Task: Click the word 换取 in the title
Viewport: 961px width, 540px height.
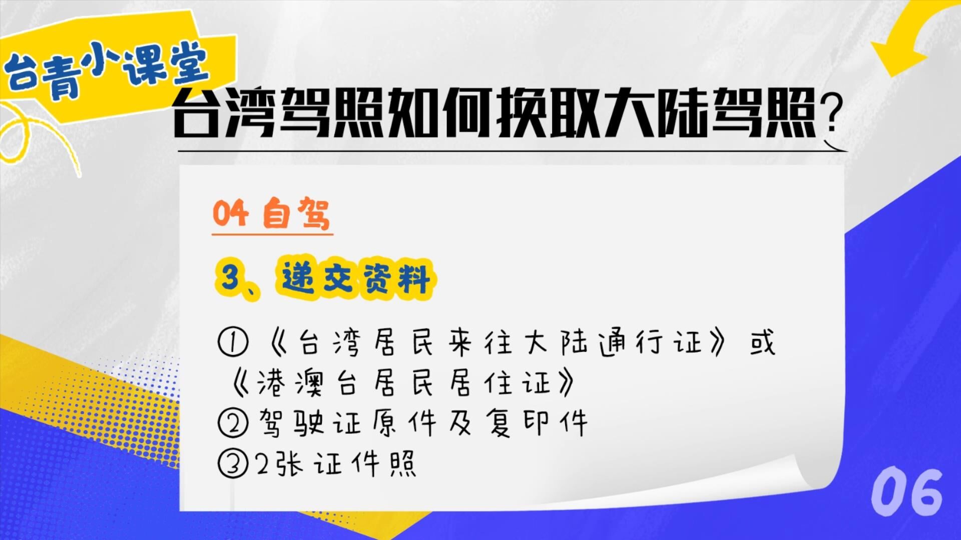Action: click(549, 112)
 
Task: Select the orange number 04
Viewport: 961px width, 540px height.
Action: click(230, 213)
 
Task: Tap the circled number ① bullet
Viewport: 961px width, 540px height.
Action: click(233, 343)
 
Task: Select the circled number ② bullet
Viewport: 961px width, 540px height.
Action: click(233, 422)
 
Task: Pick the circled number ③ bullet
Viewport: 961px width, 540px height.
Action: click(233, 463)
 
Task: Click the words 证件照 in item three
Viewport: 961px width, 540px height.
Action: click(365, 464)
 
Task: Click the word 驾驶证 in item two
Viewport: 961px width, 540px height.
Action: click(310, 423)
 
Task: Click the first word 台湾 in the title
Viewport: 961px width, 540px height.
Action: click(225, 112)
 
